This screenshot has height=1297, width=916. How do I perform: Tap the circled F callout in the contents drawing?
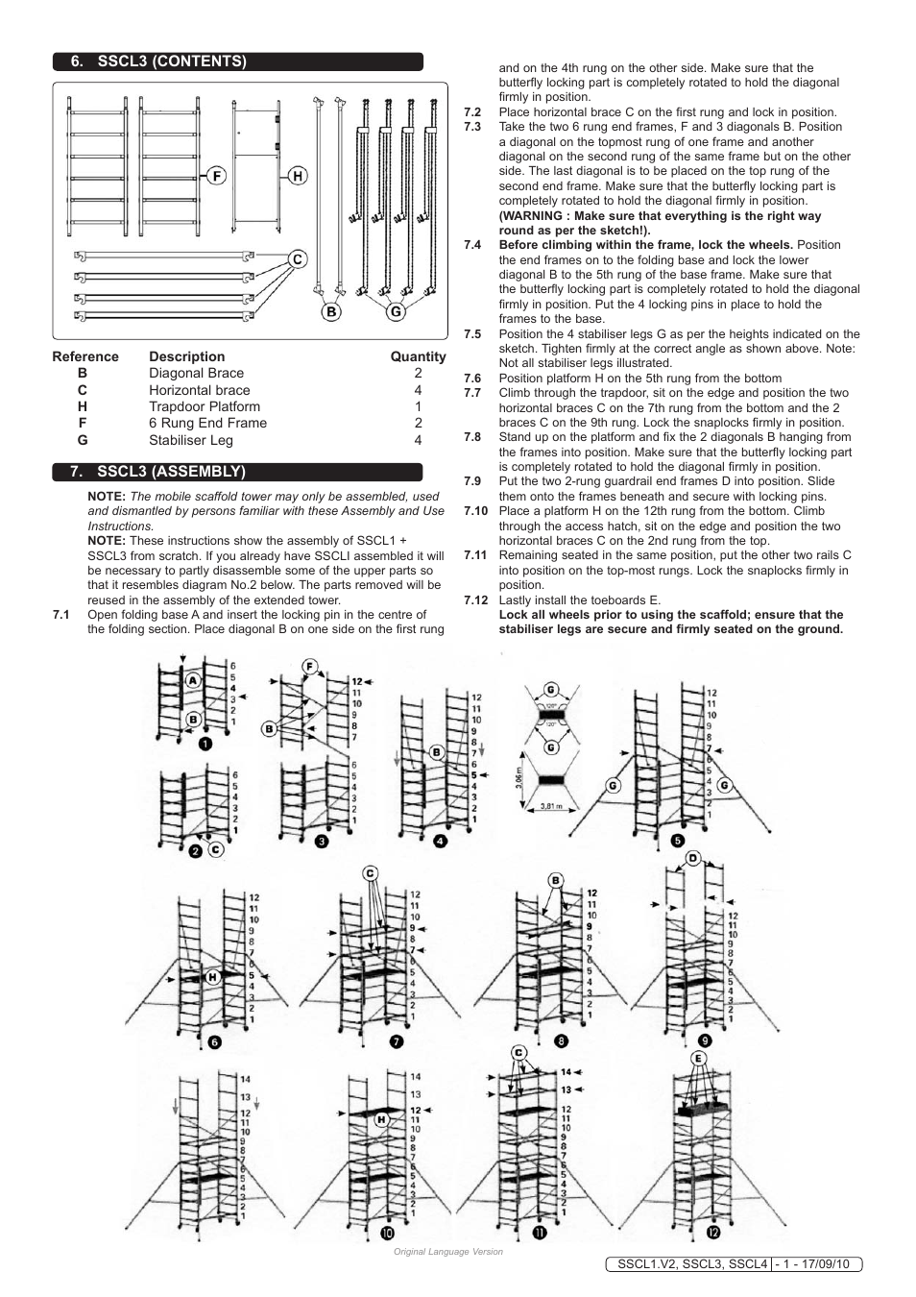click(217, 176)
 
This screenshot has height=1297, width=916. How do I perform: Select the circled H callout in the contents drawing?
click(299, 176)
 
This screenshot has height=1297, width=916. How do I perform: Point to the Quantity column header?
click(418, 356)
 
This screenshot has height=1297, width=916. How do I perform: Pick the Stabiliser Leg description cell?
click(191, 440)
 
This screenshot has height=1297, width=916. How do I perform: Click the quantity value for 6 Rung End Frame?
click(418, 423)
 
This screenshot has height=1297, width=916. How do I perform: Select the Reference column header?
click(85, 356)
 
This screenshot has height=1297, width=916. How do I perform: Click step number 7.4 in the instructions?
click(472, 245)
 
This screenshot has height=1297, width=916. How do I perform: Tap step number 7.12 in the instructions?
click(475, 600)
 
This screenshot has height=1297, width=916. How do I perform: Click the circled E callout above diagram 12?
click(699, 1059)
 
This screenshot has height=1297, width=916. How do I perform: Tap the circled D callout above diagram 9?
click(692, 858)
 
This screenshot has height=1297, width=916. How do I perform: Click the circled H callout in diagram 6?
click(212, 976)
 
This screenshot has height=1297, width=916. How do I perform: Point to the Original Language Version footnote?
click(447, 1251)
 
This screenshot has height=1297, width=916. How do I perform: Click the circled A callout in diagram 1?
click(193, 679)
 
